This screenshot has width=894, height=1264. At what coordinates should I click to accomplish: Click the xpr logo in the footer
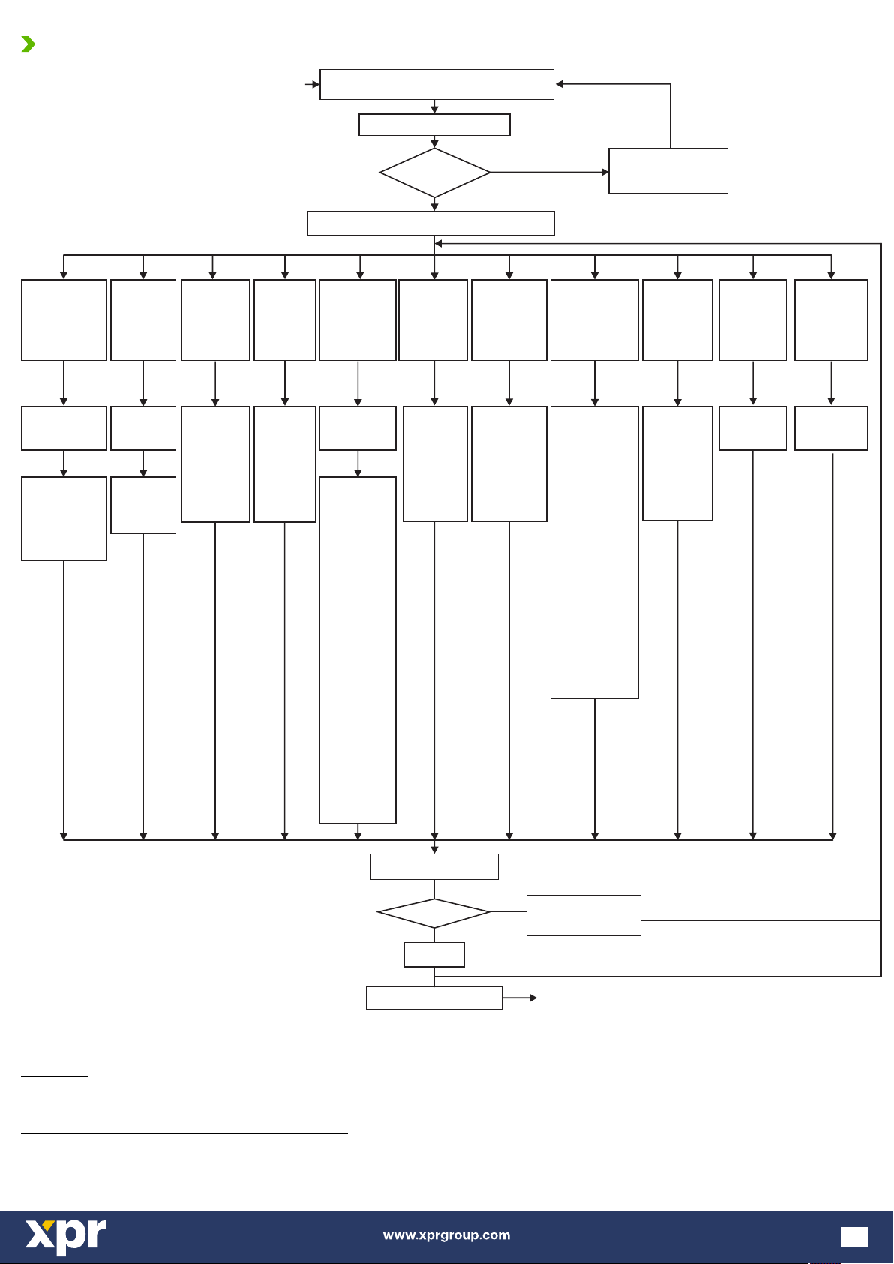click(x=66, y=1236)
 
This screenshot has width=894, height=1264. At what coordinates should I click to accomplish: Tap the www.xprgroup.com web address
click(x=446, y=1235)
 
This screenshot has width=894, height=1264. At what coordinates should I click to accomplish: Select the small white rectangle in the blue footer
click(x=854, y=1237)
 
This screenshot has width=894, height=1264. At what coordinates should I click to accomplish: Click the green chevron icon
click(x=28, y=44)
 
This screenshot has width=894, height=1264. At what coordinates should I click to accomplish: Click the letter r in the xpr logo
click(x=94, y=1234)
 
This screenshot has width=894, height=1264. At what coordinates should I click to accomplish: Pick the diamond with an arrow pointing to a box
click(x=435, y=173)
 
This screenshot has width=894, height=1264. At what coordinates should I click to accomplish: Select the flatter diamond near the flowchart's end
click(x=433, y=913)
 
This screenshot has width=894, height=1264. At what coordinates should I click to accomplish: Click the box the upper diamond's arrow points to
click(x=668, y=171)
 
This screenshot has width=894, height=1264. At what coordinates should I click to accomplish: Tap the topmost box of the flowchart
click(x=436, y=84)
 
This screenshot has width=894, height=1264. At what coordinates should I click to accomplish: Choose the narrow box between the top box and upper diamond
click(x=434, y=125)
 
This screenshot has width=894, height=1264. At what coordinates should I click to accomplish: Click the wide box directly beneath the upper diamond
click(x=430, y=224)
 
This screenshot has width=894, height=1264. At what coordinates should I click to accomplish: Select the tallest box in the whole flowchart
click(x=358, y=650)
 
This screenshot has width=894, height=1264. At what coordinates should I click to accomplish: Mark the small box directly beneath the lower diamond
click(x=434, y=955)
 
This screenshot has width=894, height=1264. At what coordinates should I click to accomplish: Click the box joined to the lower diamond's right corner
click(x=583, y=915)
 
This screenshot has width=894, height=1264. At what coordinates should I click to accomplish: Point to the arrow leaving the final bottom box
click(x=520, y=998)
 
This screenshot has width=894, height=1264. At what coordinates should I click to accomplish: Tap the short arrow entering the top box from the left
click(x=312, y=84)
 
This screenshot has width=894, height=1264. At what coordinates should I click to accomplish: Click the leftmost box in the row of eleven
click(x=64, y=320)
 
